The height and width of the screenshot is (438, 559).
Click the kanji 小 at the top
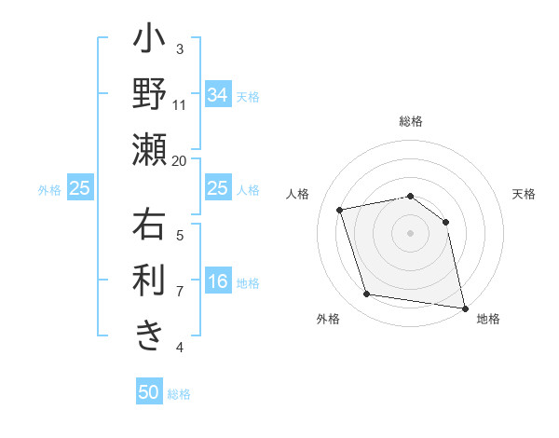(x=149, y=42)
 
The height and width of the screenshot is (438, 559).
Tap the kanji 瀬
(x=149, y=148)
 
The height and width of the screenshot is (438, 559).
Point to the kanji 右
(x=149, y=227)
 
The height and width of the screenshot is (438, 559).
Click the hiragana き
(x=149, y=333)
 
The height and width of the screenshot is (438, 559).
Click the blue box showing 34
(x=218, y=95)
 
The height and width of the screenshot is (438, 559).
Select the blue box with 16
(x=218, y=282)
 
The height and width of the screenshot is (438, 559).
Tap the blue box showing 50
(x=149, y=392)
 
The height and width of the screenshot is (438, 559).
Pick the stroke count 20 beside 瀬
(x=180, y=160)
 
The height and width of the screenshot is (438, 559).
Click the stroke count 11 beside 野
(x=180, y=104)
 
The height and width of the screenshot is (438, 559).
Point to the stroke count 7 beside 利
(x=180, y=291)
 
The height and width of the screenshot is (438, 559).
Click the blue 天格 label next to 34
(x=247, y=96)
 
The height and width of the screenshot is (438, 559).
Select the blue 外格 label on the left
(x=49, y=189)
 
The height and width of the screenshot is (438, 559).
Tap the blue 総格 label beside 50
(x=179, y=393)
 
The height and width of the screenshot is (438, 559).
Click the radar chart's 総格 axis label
(x=410, y=121)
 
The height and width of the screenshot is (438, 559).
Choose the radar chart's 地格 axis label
(x=488, y=319)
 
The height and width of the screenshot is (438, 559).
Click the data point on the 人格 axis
(x=340, y=210)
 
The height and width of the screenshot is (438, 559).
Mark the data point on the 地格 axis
(x=463, y=307)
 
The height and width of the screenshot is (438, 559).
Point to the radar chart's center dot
(x=410, y=232)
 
